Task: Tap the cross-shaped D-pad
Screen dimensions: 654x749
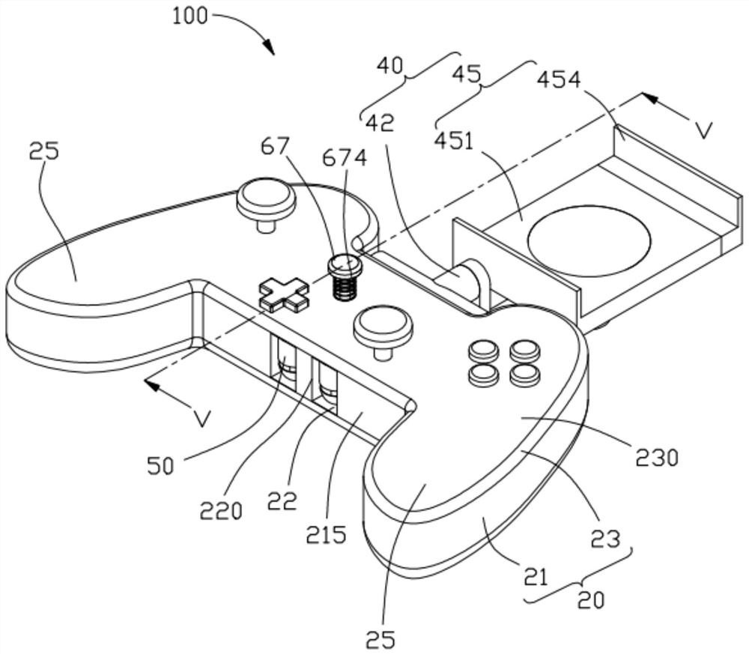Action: click(284, 293)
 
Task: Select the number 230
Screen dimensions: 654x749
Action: click(658, 456)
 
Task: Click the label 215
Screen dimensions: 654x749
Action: click(327, 535)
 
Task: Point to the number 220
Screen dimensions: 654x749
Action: click(221, 512)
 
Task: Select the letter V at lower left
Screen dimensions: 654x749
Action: click(201, 418)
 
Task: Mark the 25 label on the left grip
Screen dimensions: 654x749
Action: click(43, 152)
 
